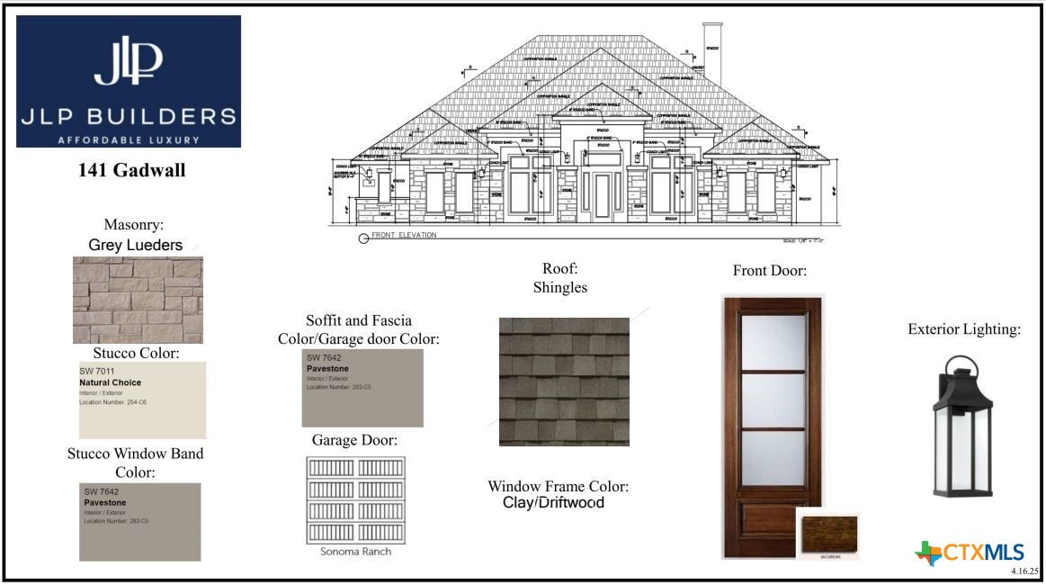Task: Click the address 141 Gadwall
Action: pos(132,170)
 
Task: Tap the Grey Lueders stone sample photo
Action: pos(138,300)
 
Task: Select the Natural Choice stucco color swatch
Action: pos(143,400)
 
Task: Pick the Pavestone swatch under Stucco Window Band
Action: pos(140,522)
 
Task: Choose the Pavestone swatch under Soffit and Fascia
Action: pos(362,388)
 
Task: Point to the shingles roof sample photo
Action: pos(564,382)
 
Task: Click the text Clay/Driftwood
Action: pos(552,503)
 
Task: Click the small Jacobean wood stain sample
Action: pos(827,534)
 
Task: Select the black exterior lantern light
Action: pos(963,427)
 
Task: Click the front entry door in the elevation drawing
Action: pos(601,197)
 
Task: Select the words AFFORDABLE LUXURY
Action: pos(129,139)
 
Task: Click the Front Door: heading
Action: pos(770,271)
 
